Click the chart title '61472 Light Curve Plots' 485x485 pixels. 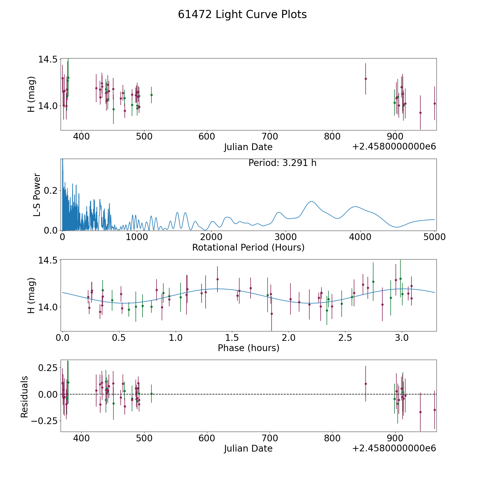coord(242,15)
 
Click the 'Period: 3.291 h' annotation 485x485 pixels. coord(282,163)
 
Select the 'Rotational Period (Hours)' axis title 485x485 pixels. coord(248,247)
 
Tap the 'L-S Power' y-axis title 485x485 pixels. coord(37,195)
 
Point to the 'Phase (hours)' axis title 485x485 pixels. coord(248,348)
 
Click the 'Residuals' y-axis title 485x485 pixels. coord(25,397)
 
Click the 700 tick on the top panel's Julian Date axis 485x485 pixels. coord(270,137)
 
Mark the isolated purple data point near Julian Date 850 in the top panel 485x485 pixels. coord(366,79)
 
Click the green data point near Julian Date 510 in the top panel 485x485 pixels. coord(151,95)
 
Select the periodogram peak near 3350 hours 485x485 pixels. coord(311,202)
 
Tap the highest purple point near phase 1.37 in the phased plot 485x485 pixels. coord(217,279)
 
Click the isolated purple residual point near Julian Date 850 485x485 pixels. coord(366,384)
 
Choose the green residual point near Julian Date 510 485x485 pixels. coord(151,394)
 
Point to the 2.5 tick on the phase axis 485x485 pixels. coord(345,338)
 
